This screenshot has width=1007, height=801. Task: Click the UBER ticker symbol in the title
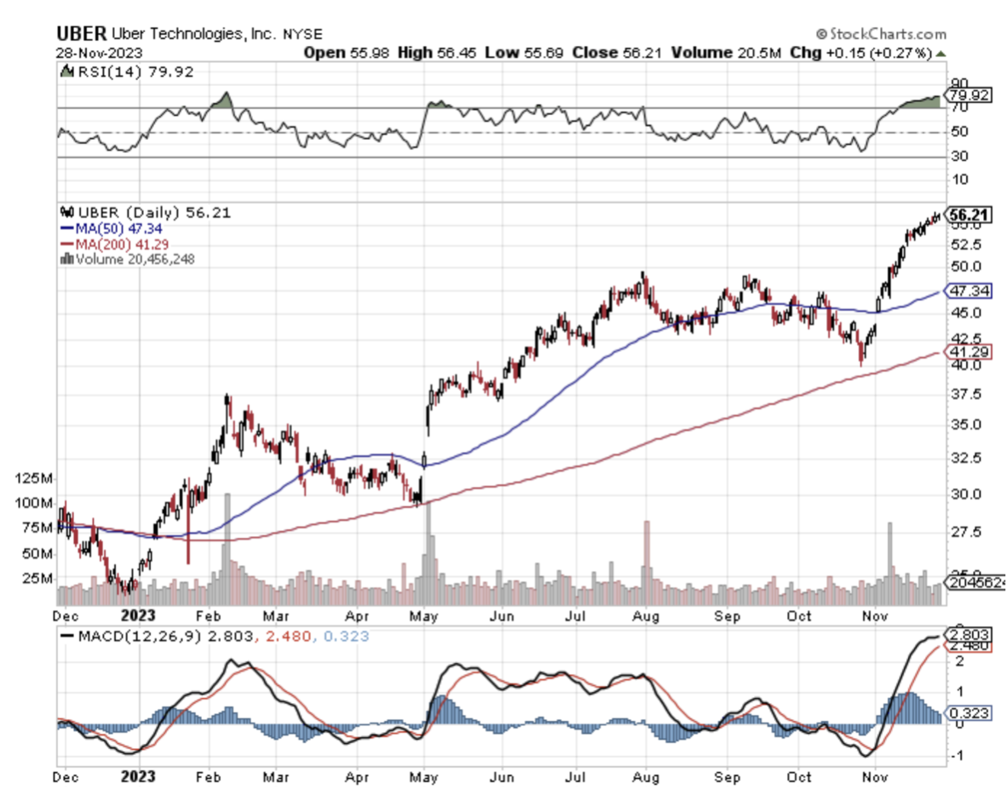tap(82, 34)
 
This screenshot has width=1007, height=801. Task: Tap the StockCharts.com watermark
tap(881, 34)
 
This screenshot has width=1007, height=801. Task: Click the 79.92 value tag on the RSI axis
tap(970, 95)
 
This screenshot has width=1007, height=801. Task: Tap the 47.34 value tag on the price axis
tap(970, 291)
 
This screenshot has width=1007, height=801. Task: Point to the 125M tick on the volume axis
tap(32, 479)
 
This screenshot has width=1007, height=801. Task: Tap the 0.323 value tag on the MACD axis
tap(970, 712)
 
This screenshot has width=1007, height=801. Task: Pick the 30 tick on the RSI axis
tap(959, 157)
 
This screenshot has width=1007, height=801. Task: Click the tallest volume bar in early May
tap(428, 554)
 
